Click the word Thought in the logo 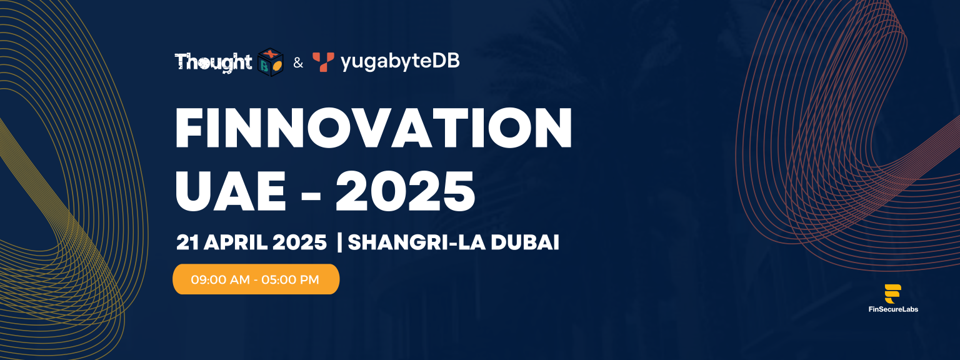coord(213,62)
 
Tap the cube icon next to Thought coord(271,62)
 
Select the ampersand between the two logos coord(298,63)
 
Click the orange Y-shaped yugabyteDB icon coord(323,62)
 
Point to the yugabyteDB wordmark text coord(400,61)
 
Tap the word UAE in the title coord(231,191)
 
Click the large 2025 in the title coord(405,191)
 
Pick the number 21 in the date coord(187,242)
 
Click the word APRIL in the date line coord(236,242)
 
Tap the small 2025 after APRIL coord(299,242)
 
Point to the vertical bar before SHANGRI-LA coord(340,242)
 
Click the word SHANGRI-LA coord(417,242)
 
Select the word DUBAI coord(525,242)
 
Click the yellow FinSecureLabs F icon coord(892,294)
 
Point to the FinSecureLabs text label coord(893,309)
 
